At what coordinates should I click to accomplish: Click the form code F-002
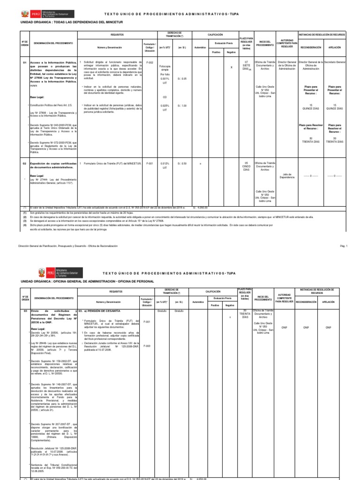150,62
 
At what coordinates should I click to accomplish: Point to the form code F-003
147,346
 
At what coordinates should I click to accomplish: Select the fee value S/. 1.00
181,105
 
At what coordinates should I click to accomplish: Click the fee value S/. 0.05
181,78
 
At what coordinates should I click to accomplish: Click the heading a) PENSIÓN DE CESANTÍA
99,311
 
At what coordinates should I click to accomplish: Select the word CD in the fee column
165,97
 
